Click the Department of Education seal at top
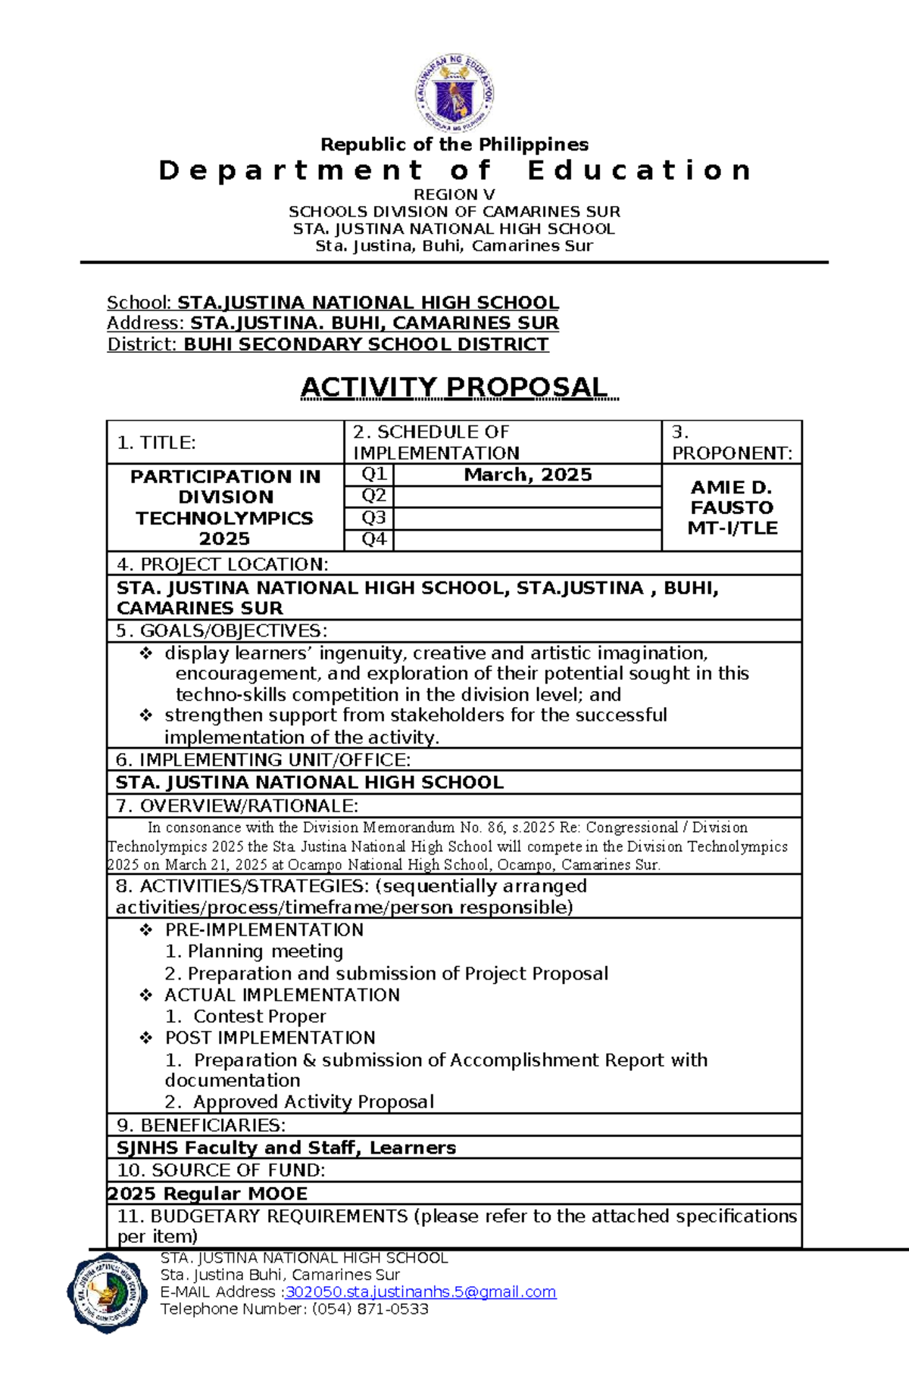coord(454,95)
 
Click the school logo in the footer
coord(107,1293)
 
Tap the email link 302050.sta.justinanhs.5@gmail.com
coord(420,1291)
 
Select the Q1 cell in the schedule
coord(373,475)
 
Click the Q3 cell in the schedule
coord(373,518)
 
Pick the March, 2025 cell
coord(528,475)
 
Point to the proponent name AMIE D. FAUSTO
coord(731,497)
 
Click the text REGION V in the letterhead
coord(454,195)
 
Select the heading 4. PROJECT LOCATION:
coord(223,564)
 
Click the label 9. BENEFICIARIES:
coord(201,1125)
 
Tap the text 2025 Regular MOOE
coord(208,1194)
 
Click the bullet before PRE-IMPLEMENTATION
coord(146,930)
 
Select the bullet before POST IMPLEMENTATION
coord(146,1038)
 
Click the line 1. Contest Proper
coord(245,1016)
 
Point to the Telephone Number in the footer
coord(294,1309)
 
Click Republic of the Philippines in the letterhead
coord(454,144)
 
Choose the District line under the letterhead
coord(327,344)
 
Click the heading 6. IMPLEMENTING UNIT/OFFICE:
coord(264,759)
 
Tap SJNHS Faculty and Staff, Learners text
coord(286,1148)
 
